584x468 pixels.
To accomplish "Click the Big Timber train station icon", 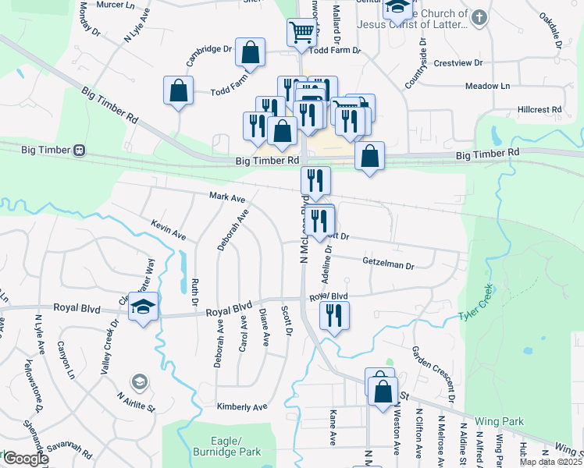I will pyautogui.click(x=79, y=150).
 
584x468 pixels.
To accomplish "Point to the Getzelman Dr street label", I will pyautogui.click(x=388, y=265).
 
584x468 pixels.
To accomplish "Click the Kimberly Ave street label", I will pyautogui.click(x=242, y=406).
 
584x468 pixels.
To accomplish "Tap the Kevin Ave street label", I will pyautogui.click(x=169, y=229).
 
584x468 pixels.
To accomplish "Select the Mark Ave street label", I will pyautogui.click(x=227, y=198).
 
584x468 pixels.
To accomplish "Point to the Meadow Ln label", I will pyautogui.click(x=487, y=86).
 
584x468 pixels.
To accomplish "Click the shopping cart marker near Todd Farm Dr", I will pyautogui.click(x=301, y=33).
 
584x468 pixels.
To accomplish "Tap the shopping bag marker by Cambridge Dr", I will pyautogui.click(x=251, y=54).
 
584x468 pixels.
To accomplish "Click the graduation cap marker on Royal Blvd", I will pyautogui.click(x=144, y=307).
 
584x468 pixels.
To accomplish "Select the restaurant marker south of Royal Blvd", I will pyautogui.click(x=334, y=316).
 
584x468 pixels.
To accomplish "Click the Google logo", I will pyautogui.click(x=26, y=459).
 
